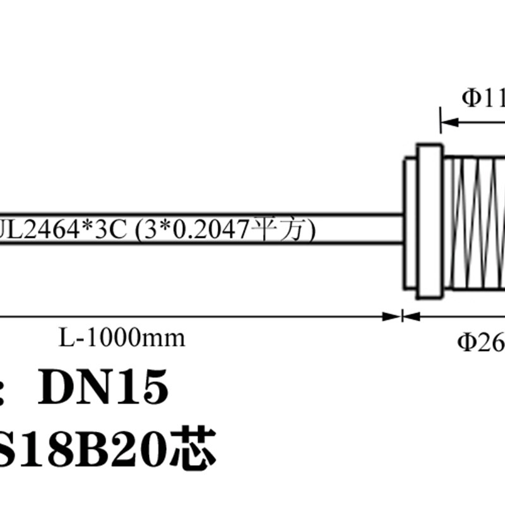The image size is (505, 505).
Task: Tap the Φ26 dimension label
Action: [x=480, y=342]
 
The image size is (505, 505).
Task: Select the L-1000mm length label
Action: [x=122, y=338]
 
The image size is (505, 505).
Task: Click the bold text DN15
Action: [x=104, y=386]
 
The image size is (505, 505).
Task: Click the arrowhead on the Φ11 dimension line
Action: [x=449, y=121]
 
